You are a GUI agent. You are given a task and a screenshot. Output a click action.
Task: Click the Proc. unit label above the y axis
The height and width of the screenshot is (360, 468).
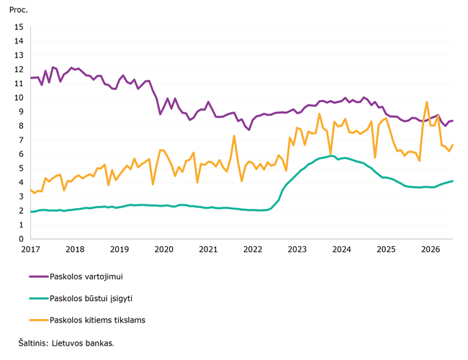coord(19,10)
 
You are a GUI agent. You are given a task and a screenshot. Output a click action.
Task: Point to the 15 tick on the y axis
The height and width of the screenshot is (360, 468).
coord(19,27)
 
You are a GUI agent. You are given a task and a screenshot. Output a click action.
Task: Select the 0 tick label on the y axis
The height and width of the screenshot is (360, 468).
coord(21,239)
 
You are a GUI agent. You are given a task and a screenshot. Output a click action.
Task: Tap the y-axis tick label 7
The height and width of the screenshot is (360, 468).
coord(21,140)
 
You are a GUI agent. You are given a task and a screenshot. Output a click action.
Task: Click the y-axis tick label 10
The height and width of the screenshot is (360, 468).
coord(19,98)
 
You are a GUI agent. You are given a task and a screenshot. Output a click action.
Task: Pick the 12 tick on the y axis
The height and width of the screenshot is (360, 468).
coord(19,69)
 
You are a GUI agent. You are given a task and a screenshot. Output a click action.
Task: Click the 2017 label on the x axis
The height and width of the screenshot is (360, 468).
coord(30,249)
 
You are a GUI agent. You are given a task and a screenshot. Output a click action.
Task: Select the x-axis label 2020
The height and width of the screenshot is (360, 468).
coord(164,249)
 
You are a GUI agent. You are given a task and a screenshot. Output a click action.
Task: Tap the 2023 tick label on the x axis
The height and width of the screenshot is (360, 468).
coord(297,249)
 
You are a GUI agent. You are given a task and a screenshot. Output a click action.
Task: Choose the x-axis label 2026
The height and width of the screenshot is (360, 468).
coord(431,249)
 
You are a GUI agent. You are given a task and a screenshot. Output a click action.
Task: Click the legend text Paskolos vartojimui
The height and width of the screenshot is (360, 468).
coord(86,276)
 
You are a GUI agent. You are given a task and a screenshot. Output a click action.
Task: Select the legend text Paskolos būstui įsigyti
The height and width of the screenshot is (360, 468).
coord(91,299)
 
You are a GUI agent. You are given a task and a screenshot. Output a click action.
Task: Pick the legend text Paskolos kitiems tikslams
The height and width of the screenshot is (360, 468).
coord(98,320)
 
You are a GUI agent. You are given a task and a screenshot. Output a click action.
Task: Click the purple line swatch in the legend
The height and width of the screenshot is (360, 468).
coord(39,276)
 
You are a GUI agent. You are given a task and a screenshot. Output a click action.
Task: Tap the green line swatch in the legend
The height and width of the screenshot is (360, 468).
coord(39,299)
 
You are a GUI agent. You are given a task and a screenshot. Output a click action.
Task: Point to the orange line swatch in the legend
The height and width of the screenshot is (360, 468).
coord(39,320)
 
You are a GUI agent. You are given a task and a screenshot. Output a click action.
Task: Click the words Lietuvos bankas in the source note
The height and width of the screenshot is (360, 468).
coord(83,343)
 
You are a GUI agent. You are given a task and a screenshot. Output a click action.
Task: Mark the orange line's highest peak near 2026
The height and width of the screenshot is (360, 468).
coord(427,102)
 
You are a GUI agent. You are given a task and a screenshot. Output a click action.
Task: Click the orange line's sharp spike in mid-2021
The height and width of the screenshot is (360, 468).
coord(234,136)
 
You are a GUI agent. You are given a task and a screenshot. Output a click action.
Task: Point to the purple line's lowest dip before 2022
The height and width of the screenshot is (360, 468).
coord(249,130)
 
